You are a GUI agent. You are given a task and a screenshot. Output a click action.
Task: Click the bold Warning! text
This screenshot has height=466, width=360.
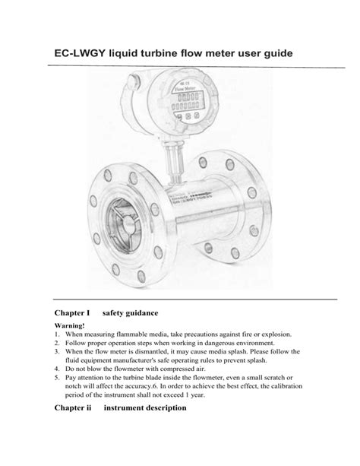pos(71,325)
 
